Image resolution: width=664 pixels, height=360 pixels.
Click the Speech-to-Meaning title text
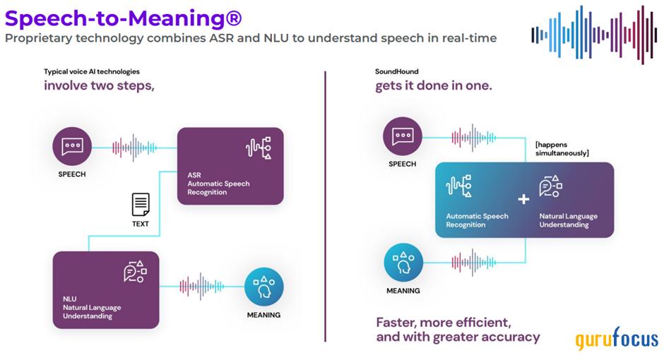click(x=123, y=16)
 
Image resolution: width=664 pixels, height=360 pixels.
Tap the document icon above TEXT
click(x=141, y=205)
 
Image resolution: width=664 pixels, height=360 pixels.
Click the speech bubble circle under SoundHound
click(x=402, y=136)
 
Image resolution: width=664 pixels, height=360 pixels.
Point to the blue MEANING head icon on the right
click(x=403, y=263)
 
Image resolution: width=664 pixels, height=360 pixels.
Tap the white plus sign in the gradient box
click(x=523, y=199)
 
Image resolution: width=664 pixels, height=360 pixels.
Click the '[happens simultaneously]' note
click(x=562, y=149)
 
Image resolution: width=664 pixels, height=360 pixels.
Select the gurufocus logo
click(x=616, y=339)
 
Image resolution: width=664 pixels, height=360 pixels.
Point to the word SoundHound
click(x=397, y=71)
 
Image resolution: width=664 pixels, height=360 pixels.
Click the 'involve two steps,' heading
click(x=99, y=85)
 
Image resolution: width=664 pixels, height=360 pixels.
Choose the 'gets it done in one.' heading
click(x=433, y=85)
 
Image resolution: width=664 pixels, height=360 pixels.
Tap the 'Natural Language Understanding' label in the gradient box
click(x=569, y=220)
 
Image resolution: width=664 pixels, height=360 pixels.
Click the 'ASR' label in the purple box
click(x=194, y=174)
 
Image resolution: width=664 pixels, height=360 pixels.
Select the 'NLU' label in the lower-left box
click(x=70, y=299)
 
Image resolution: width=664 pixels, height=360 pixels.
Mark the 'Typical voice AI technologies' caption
click(x=92, y=71)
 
